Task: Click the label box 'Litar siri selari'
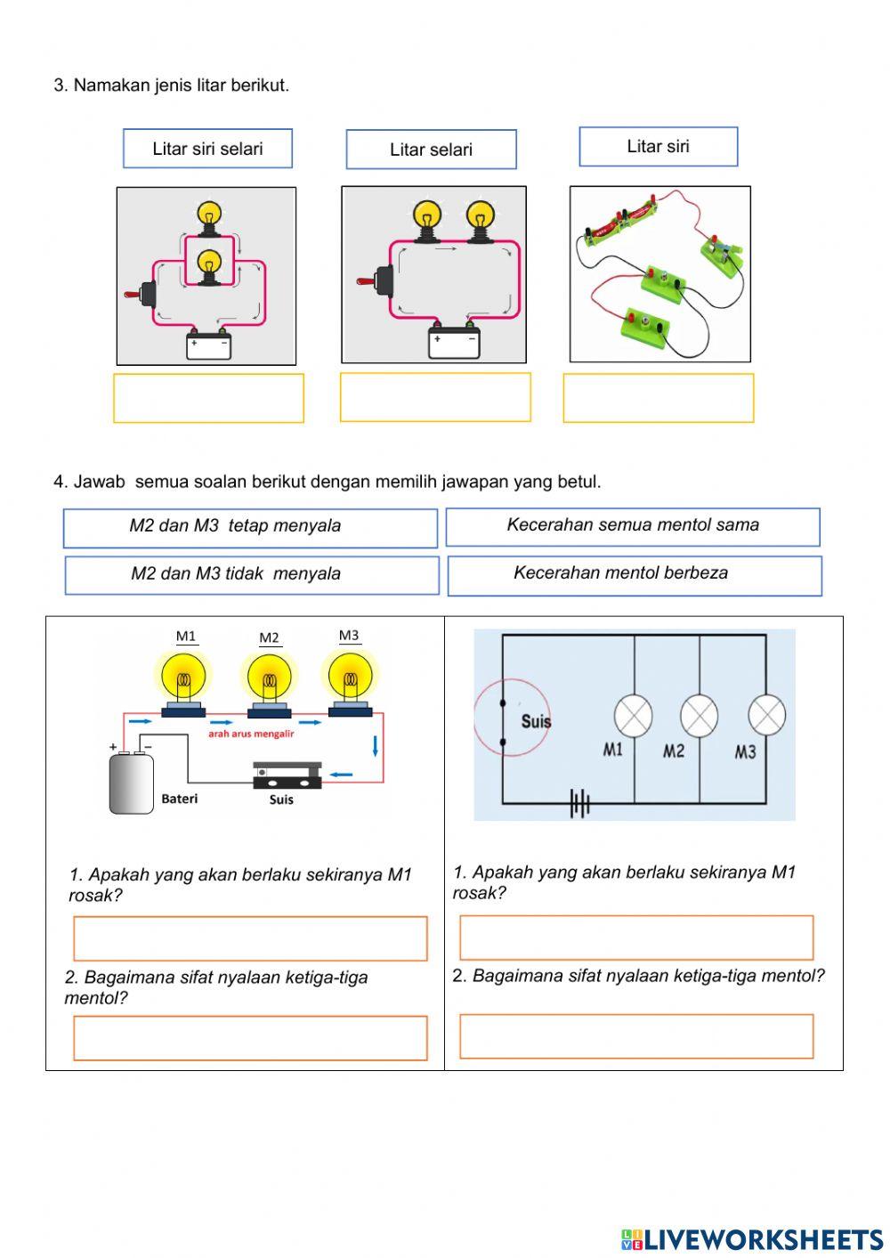(x=207, y=149)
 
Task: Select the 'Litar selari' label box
(x=431, y=150)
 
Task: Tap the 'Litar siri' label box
(x=658, y=147)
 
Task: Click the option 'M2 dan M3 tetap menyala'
(x=250, y=527)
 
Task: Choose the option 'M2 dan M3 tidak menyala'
(x=252, y=575)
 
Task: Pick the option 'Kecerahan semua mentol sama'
(x=633, y=526)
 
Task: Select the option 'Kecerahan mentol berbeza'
(x=635, y=575)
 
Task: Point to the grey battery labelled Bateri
(x=132, y=783)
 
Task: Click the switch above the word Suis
(x=287, y=775)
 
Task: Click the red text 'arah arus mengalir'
(x=251, y=734)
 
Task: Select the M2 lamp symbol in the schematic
(x=699, y=716)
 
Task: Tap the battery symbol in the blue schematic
(x=580, y=805)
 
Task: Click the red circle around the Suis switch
(x=511, y=717)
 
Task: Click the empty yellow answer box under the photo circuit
(x=658, y=398)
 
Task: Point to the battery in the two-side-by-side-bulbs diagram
(x=453, y=342)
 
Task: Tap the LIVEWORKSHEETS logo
(x=751, y=1239)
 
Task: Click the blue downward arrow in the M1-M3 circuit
(x=376, y=746)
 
